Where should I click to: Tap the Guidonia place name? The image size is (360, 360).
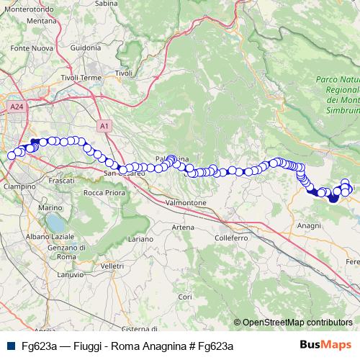tap(86, 48)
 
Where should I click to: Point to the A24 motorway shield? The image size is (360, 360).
tap(17, 107)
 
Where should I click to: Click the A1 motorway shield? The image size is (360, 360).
tap(105, 126)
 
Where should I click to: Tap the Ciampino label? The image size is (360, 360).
tap(20, 186)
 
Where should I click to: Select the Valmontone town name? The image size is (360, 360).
tap(186, 203)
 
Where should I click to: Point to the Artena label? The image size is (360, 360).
tap(183, 228)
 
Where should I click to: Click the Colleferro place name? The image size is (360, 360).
tap(231, 237)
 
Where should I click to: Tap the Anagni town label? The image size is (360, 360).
tap(309, 225)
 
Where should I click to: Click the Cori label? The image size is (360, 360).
tap(185, 296)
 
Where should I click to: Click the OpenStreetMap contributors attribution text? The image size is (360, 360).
tap(297, 322)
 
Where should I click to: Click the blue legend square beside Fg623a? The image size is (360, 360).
tap(10, 346)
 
